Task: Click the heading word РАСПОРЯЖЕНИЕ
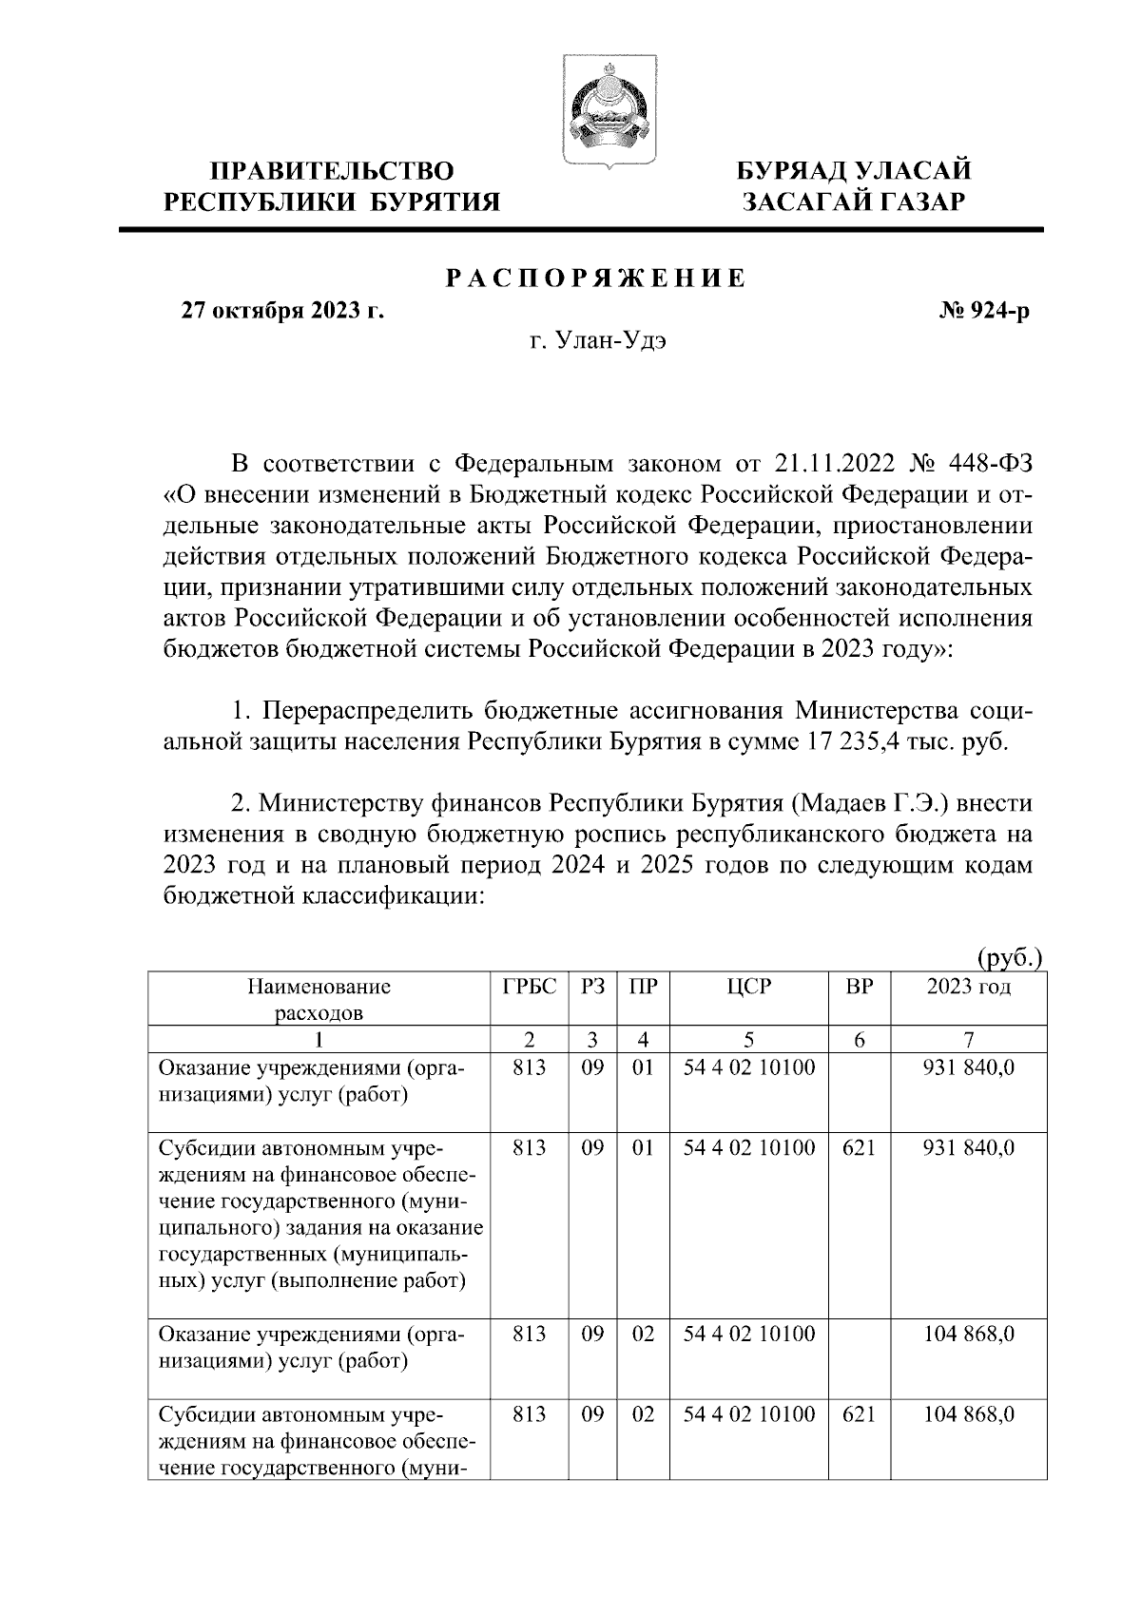[x=596, y=279]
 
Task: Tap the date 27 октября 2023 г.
[x=283, y=311]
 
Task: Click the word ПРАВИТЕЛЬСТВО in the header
[x=332, y=171]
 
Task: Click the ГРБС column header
[x=529, y=987]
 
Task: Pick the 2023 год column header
[x=968, y=987]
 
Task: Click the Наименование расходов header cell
[x=319, y=998]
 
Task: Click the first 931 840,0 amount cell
[x=969, y=1067]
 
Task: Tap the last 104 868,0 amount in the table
[x=969, y=1414]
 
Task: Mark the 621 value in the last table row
[x=859, y=1414]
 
